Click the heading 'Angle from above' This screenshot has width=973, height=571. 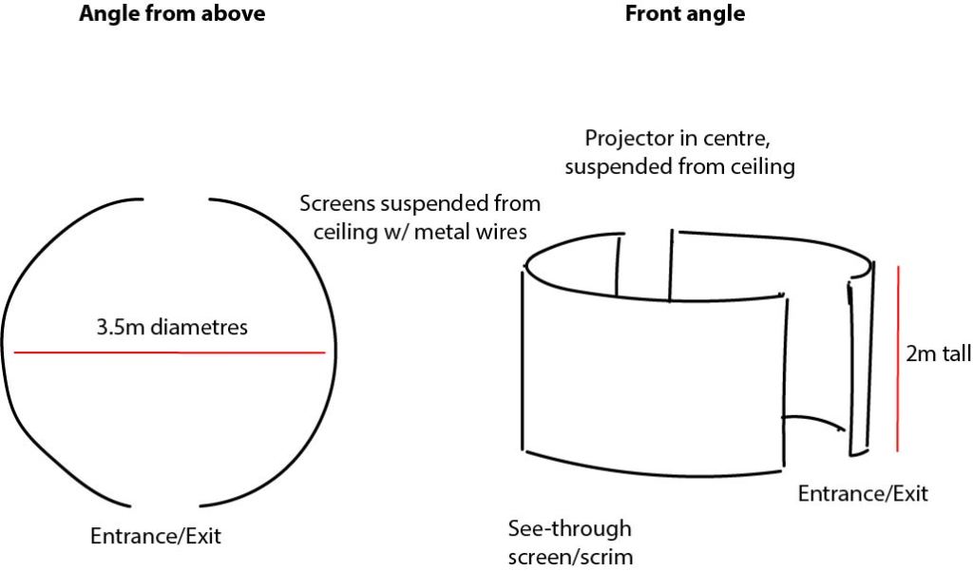click(172, 14)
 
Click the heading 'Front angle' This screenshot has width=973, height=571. click(684, 14)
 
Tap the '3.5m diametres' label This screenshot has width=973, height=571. click(171, 329)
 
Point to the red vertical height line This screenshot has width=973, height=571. click(898, 356)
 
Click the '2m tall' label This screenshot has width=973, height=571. click(939, 354)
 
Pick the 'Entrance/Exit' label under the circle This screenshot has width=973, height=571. click(155, 536)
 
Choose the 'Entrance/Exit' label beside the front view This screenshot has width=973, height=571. click(862, 494)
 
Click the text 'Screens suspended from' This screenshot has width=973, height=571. click(420, 203)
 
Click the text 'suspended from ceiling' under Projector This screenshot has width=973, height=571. click(679, 166)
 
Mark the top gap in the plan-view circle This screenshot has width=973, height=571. click(175, 199)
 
